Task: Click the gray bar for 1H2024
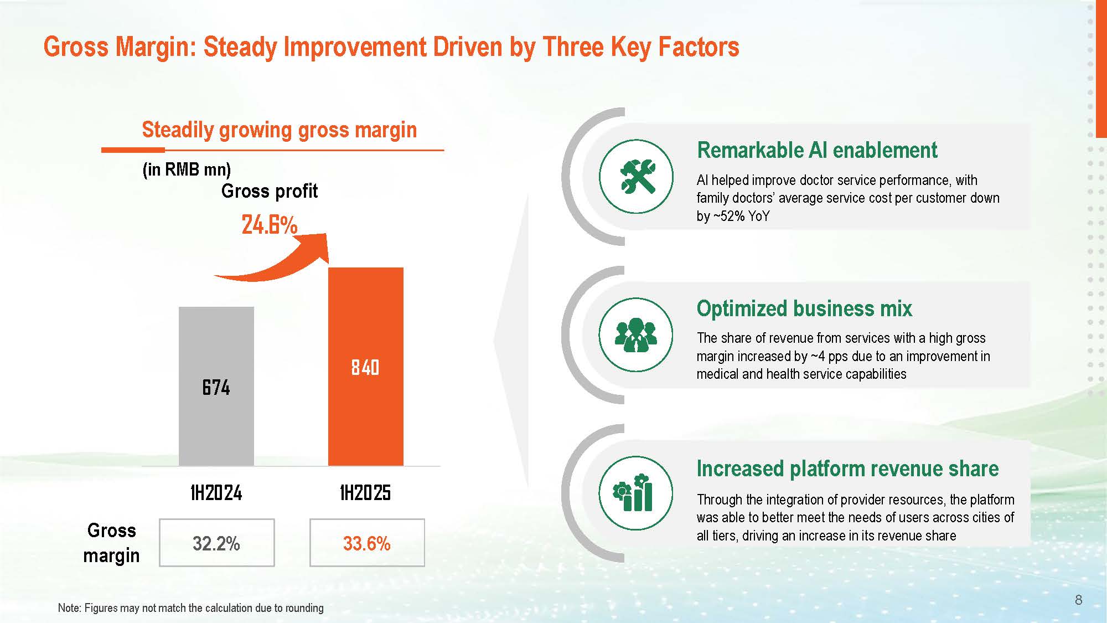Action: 216,386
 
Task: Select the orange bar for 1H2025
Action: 366,367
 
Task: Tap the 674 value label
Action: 216,388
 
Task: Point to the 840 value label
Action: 365,368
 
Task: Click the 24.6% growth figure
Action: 270,225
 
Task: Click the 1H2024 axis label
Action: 216,492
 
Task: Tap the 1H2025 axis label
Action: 365,492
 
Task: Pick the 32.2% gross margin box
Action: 217,543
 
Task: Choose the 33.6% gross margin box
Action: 367,543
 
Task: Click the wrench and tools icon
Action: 637,177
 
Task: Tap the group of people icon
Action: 636,335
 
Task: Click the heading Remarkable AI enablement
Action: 817,150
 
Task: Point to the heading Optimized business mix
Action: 804,308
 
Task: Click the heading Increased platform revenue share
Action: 847,468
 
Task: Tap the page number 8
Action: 1078,600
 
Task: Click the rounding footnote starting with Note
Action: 191,608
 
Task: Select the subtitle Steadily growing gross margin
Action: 280,130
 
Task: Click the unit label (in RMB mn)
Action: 187,169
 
